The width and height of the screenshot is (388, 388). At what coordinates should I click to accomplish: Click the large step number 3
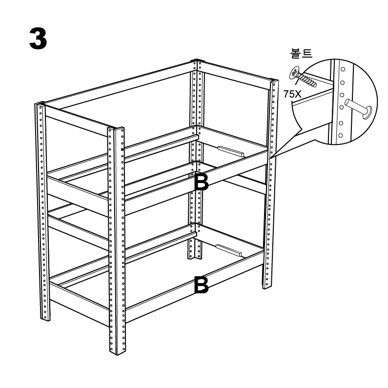tap(38, 39)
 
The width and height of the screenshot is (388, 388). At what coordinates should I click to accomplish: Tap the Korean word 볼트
tap(301, 53)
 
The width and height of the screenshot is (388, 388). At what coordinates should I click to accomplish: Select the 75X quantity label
tap(292, 94)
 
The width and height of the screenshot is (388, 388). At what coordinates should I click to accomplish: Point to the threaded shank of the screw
tap(307, 81)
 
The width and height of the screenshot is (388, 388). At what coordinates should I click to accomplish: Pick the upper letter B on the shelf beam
tap(202, 182)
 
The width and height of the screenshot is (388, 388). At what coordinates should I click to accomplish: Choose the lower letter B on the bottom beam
tap(201, 285)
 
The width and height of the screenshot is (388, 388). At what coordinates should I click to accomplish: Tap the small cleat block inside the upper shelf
tap(231, 151)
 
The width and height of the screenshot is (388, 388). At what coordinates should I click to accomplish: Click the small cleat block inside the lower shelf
tap(229, 250)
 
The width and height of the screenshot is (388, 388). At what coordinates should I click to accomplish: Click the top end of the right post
tap(274, 81)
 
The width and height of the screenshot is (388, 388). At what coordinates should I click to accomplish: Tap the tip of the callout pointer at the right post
tap(270, 158)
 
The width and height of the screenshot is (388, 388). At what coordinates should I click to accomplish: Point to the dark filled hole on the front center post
tap(122, 149)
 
